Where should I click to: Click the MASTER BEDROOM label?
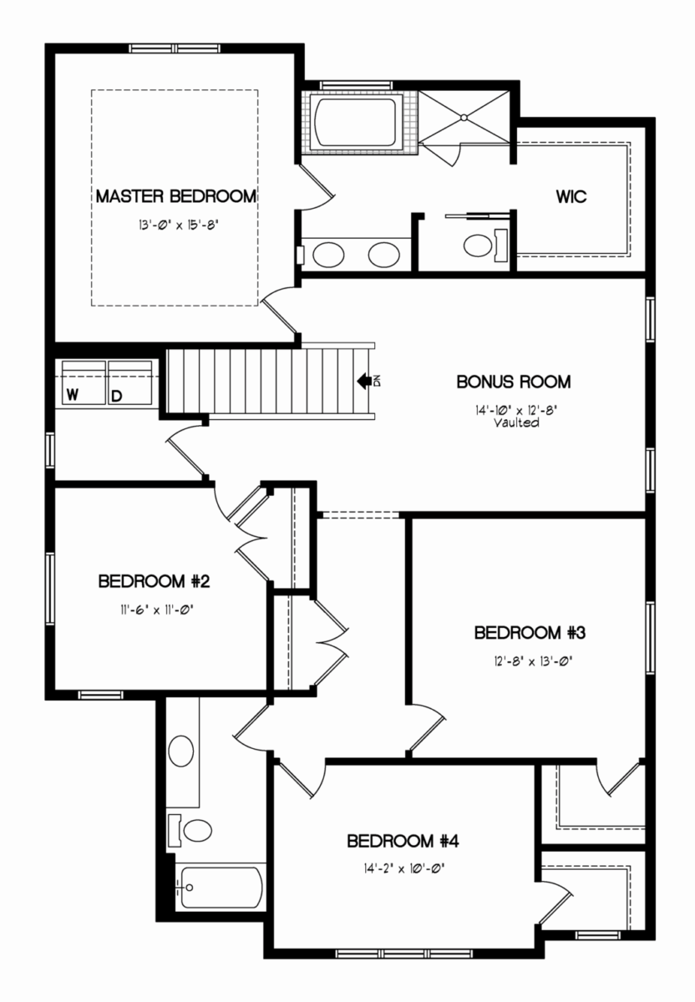pyautogui.click(x=176, y=196)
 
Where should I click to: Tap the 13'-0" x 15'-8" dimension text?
pyautogui.click(x=178, y=225)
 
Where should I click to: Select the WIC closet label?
pyautogui.click(x=571, y=196)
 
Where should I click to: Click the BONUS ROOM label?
pyautogui.click(x=514, y=382)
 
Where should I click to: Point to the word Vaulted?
pyautogui.click(x=516, y=423)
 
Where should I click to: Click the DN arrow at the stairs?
pyautogui.click(x=364, y=381)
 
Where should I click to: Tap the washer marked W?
pyautogui.click(x=84, y=383)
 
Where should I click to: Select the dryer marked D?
pyautogui.click(x=130, y=383)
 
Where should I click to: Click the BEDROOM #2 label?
pyautogui.click(x=154, y=581)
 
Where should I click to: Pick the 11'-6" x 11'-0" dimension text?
pyautogui.click(x=156, y=610)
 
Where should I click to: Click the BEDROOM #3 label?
pyautogui.click(x=530, y=633)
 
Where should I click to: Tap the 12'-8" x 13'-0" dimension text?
pyautogui.click(x=534, y=661)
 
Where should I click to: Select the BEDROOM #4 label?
pyautogui.click(x=403, y=842)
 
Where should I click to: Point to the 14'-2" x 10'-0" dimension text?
pyautogui.click(x=405, y=869)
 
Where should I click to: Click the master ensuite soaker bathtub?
pyautogui.click(x=355, y=122)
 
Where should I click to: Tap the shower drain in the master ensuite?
pyautogui.click(x=464, y=118)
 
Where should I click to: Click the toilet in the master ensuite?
pyautogui.click(x=485, y=245)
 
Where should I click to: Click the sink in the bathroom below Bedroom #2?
pyautogui.click(x=181, y=751)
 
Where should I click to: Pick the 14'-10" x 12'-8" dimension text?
pyautogui.click(x=515, y=410)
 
